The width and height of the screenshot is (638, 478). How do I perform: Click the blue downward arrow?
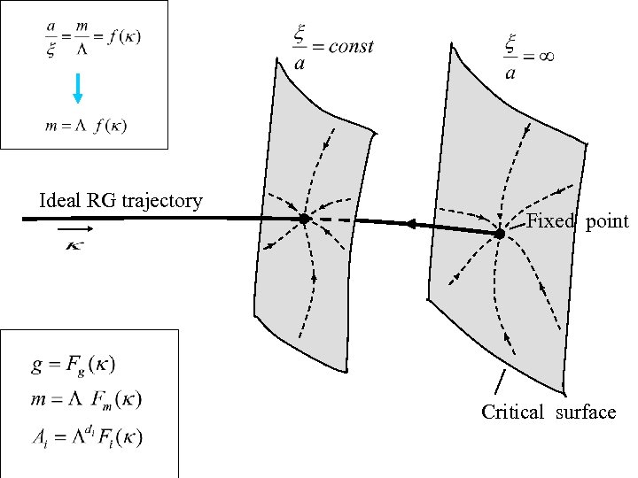click(78, 87)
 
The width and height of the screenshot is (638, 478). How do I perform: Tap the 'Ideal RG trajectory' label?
click(121, 201)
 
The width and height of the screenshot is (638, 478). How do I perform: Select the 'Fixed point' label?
click(577, 221)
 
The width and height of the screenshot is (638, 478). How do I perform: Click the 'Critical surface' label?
click(549, 412)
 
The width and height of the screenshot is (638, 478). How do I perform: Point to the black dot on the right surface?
click(500, 234)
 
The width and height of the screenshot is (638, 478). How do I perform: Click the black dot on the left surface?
click(304, 219)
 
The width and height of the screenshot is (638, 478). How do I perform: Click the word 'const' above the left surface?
click(351, 47)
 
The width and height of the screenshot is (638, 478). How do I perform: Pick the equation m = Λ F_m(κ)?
click(85, 399)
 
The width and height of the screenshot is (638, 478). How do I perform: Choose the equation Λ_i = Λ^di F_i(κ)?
click(86, 436)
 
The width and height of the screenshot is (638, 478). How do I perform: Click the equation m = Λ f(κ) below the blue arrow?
click(85, 125)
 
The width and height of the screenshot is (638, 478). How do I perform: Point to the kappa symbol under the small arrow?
click(75, 245)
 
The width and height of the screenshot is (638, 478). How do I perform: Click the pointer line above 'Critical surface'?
click(501, 382)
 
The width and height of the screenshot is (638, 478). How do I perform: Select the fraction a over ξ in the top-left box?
click(52, 40)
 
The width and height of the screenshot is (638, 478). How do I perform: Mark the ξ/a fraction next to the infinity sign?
click(510, 56)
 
